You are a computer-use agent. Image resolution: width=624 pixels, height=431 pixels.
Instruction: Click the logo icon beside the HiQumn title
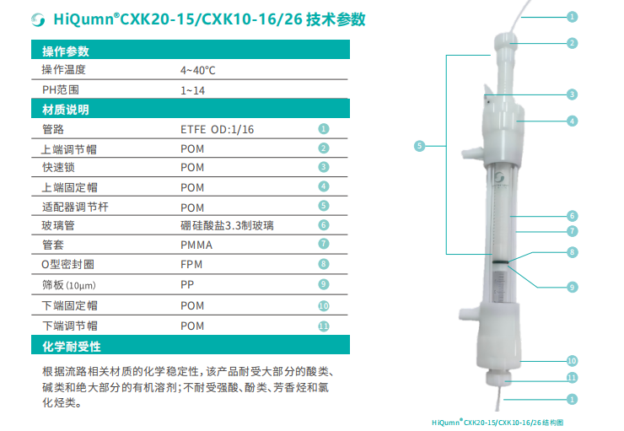click(x=38, y=19)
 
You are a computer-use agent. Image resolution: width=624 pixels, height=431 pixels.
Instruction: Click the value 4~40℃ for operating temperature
click(x=198, y=71)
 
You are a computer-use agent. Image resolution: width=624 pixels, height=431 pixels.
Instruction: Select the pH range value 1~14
click(x=192, y=91)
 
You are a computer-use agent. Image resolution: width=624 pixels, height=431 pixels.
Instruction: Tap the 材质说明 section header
click(x=66, y=110)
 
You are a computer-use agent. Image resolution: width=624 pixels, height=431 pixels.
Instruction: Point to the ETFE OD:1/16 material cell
click(x=218, y=129)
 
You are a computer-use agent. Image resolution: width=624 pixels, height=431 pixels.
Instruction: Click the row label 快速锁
click(x=58, y=167)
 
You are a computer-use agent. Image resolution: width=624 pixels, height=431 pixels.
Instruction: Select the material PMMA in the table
click(x=196, y=245)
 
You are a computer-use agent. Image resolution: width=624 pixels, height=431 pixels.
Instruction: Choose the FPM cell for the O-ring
click(x=191, y=264)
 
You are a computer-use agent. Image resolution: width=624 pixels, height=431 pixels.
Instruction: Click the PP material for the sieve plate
click(x=187, y=284)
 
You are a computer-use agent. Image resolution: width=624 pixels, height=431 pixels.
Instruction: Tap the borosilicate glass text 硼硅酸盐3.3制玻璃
click(x=227, y=226)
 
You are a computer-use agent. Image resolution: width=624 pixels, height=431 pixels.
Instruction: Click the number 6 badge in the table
click(x=324, y=225)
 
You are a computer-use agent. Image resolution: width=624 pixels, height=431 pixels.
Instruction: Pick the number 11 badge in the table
click(x=324, y=326)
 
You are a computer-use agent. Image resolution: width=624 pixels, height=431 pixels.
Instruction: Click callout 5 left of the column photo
click(x=419, y=146)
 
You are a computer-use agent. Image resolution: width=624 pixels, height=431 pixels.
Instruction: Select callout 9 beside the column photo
click(x=573, y=287)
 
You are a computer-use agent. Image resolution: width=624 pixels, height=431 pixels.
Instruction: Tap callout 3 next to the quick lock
click(x=573, y=94)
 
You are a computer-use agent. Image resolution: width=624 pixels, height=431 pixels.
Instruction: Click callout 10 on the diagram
click(x=572, y=361)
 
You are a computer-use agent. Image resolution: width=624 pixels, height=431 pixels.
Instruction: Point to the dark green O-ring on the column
click(x=500, y=261)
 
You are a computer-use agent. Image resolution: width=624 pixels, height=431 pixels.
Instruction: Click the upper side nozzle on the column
click(x=472, y=153)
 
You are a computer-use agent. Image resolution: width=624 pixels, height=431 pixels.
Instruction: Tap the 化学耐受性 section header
click(x=72, y=347)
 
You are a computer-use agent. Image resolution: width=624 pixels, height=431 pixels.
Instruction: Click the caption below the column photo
click(x=498, y=423)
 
